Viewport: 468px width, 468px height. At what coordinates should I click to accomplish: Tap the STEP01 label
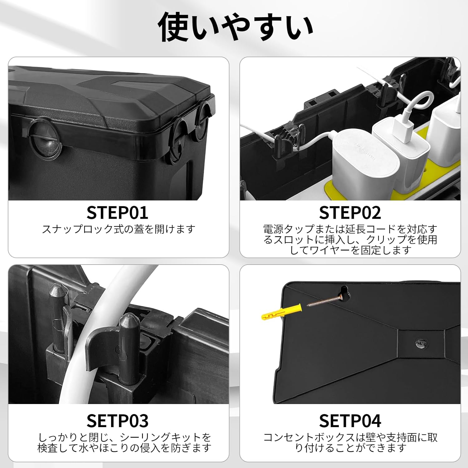(x=117, y=213)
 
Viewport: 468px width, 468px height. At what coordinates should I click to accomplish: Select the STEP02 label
(x=350, y=213)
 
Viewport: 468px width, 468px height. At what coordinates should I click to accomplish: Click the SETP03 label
(x=117, y=421)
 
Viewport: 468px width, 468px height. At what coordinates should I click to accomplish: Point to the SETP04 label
(x=350, y=421)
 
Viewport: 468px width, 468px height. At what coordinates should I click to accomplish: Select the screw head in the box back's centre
(x=421, y=343)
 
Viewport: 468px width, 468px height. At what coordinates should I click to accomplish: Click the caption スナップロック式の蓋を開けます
(x=119, y=229)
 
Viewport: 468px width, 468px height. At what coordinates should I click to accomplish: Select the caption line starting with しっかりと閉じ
(x=124, y=437)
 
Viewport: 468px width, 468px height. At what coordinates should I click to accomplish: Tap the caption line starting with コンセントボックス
(x=350, y=437)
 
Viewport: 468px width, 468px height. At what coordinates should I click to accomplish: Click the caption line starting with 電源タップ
(x=350, y=229)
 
